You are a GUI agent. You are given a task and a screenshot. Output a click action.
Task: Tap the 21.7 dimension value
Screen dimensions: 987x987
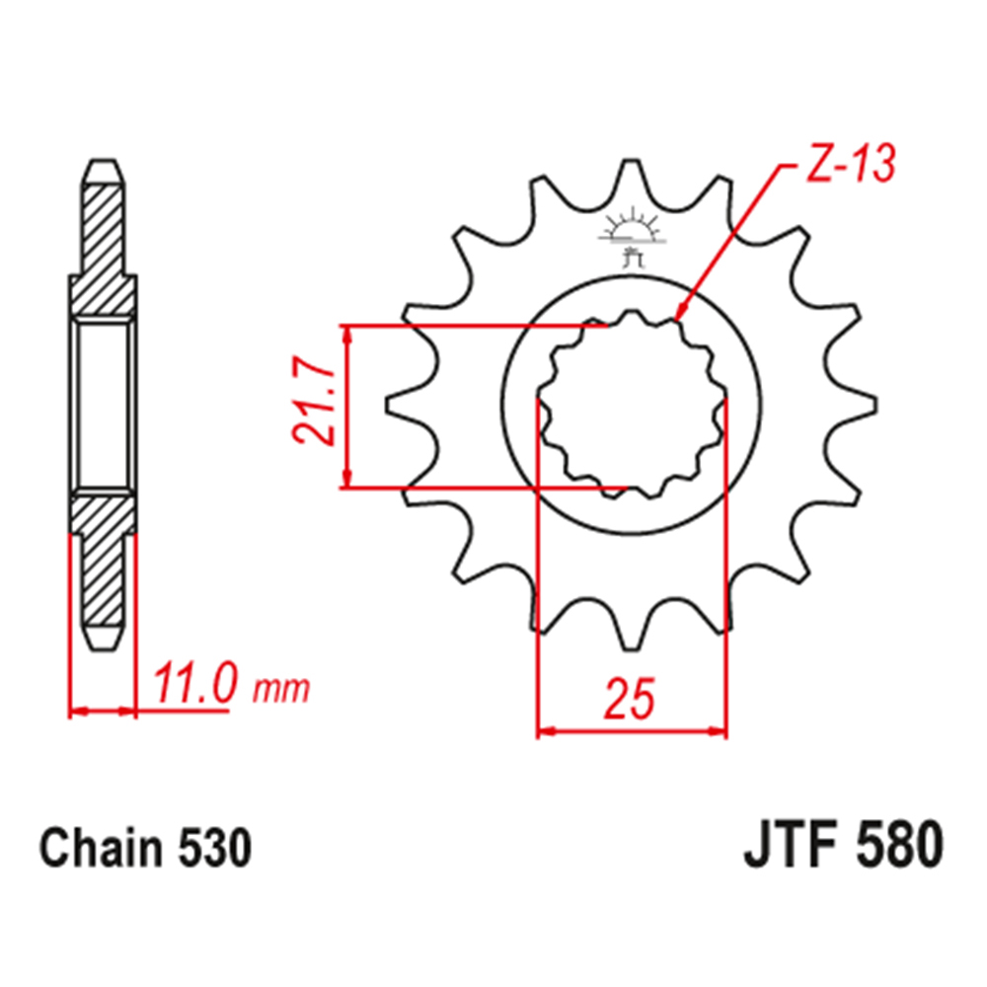coord(313,406)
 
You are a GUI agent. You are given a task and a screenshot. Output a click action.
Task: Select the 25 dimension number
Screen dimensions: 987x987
coord(630,699)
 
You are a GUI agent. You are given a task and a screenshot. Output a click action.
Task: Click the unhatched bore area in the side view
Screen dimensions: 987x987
coord(103,405)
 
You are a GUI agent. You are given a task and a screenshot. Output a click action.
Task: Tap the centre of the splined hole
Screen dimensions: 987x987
coord(632,405)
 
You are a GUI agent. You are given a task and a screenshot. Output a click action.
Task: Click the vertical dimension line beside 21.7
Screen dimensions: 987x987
coord(346,406)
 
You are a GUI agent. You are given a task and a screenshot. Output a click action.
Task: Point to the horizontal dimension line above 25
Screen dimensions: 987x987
coord(632,732)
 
